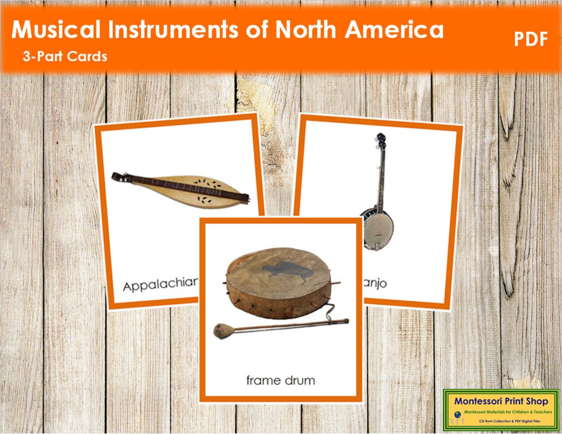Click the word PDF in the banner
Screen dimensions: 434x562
[531, 39]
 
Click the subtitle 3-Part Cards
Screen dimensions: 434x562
[65, 56]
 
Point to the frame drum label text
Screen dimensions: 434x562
[281, 380]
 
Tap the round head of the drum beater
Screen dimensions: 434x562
[220, 331]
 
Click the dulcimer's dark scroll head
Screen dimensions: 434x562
[118, 177]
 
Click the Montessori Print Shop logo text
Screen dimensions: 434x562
[500, 401]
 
